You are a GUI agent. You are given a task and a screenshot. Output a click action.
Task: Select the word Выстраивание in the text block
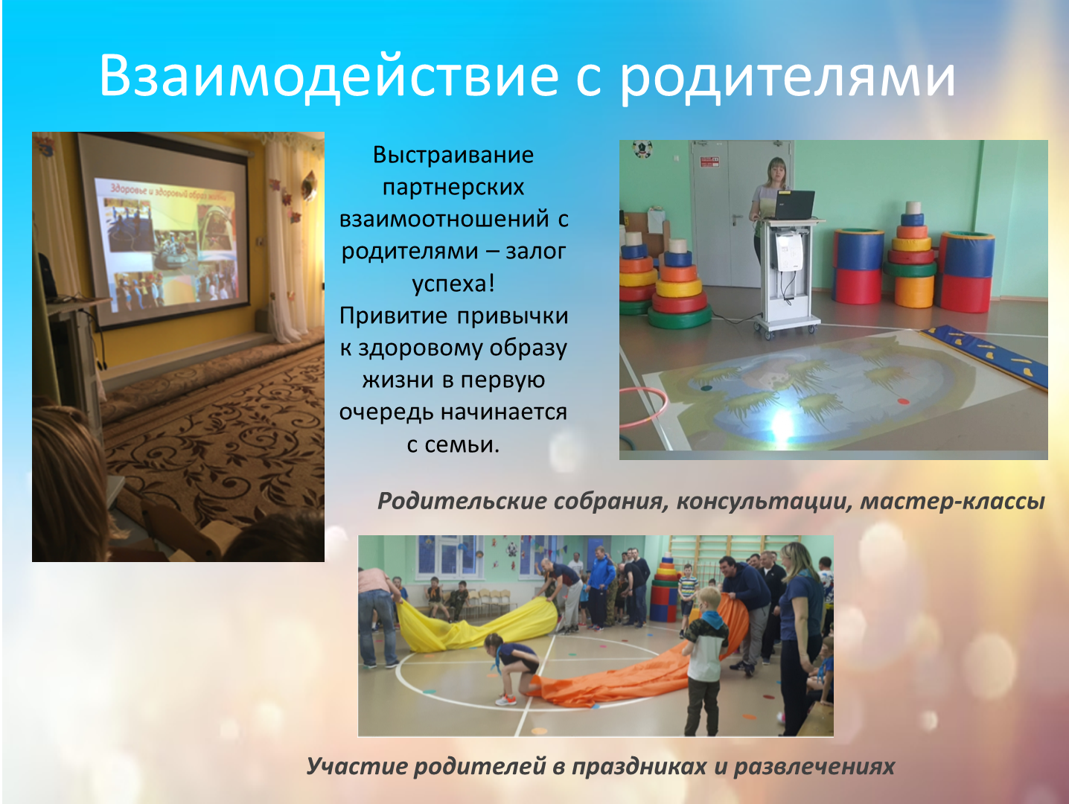point(453,156)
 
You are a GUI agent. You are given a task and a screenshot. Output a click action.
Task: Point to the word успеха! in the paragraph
point(453,284)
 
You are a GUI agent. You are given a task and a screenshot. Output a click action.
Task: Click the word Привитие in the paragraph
point(393,316)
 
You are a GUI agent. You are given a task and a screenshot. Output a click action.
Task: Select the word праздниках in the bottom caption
point(639,767)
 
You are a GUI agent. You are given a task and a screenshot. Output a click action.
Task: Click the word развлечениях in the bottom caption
point(814,767)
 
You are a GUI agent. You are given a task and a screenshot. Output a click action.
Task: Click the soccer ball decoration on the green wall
point(642,149)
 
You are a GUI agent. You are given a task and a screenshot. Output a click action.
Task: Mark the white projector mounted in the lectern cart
point(789,251)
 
